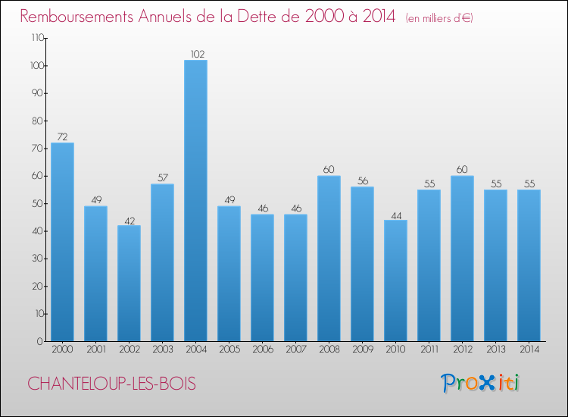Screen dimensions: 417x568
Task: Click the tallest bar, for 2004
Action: [195, 201]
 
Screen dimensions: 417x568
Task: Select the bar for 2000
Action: [62, 242]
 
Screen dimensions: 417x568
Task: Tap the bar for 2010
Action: [395, 281]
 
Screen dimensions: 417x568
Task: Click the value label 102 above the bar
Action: [195, 54]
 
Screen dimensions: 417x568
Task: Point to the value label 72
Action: [62, 137]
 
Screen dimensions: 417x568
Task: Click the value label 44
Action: [395, 215]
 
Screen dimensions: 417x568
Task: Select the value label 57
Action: [162, 178]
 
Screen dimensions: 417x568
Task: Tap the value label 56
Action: [362, 181]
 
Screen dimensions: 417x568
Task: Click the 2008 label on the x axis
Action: [329, 350]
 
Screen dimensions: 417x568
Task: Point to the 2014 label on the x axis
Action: [529, 350]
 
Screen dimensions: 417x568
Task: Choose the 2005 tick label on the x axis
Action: [229, 350]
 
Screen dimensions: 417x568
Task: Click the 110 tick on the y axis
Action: [36, 38]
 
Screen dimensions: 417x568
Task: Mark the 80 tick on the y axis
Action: [38, 121]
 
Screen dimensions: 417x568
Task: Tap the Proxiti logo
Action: [479, 383]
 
